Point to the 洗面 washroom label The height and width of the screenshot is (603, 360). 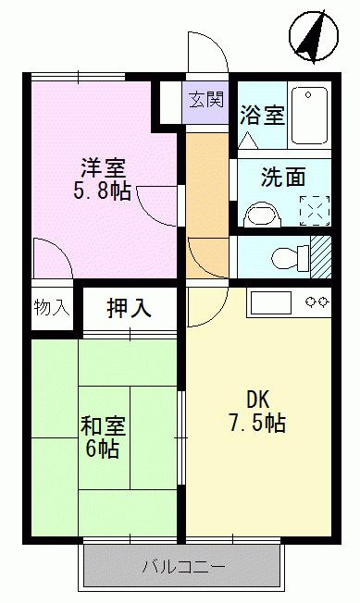[x=282, y=177]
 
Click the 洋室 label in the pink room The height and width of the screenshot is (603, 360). [x=102, y=169]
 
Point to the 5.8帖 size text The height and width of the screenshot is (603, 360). [x=102, y=193]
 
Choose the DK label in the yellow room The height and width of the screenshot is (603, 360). [x=257, y=400]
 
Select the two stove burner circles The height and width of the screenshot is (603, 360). [x=317, y=301]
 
